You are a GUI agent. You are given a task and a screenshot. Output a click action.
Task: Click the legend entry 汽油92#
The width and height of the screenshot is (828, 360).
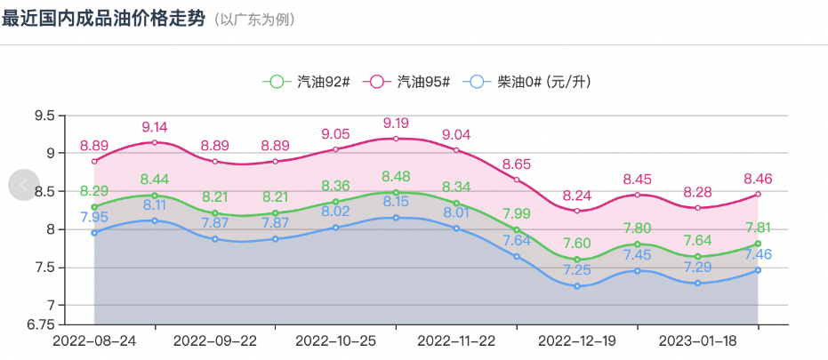(x=306, y=82)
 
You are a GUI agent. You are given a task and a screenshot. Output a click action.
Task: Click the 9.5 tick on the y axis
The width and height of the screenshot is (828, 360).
(x=44, y=115)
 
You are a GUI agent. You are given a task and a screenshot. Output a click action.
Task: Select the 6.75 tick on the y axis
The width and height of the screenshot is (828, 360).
(x=40, y=324)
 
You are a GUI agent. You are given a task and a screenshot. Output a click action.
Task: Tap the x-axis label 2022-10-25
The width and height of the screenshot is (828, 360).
(x=335, y=340)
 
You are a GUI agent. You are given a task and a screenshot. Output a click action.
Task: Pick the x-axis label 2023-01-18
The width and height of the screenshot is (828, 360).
(x=697, y=340)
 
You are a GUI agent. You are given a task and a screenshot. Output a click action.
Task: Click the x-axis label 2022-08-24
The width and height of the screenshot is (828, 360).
(x=94, y=340)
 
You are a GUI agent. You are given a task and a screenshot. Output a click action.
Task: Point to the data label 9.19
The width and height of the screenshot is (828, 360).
(x=396, y=123)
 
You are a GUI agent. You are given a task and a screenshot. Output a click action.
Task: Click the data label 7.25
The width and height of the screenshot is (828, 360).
(x=577, y=269)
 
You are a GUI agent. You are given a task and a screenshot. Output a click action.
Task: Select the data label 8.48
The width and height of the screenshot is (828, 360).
(x=396, y=176)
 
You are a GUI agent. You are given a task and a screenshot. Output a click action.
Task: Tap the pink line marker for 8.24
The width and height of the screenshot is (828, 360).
(x=577, y=211)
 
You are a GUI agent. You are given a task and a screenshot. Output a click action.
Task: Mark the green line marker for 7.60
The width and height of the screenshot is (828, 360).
(x=577, y=260)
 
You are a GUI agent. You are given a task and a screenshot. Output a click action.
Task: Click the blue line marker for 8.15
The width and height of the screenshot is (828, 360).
(x=396, y=218)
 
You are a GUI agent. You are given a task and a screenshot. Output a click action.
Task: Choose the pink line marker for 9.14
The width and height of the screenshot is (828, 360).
(x=155, y=142)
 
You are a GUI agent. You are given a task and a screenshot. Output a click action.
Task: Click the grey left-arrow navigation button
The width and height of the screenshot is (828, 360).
(x=24, y=184)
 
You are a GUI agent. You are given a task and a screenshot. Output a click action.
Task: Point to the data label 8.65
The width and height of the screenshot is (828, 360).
(x=517, y=164)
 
